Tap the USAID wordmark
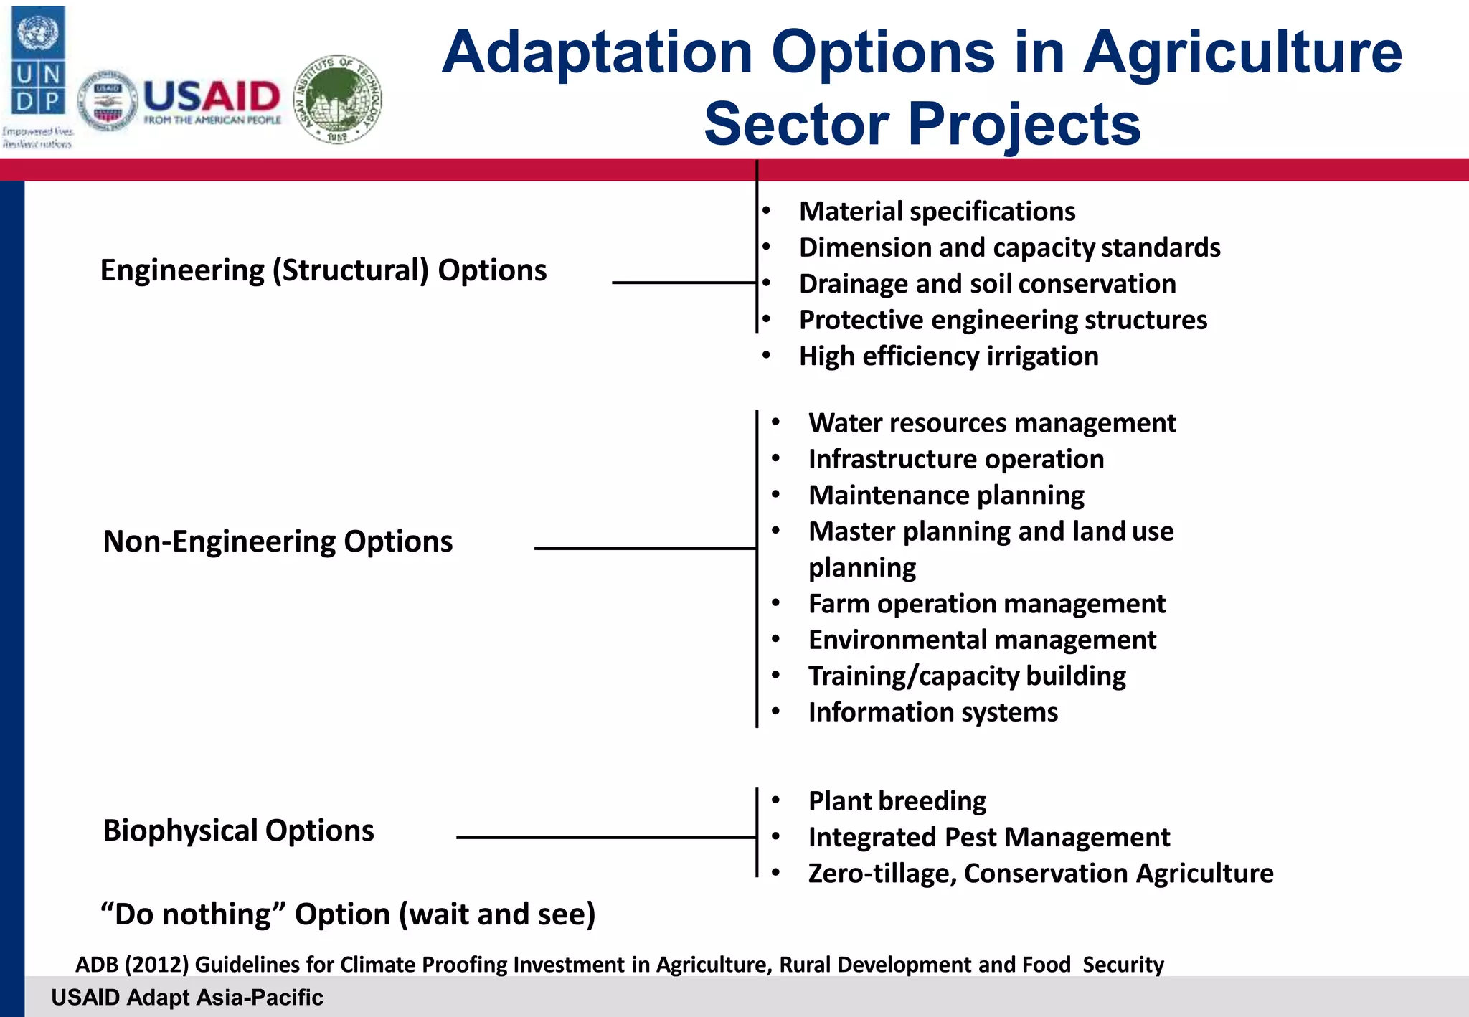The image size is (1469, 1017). pyautogui.click(x=212, y=96)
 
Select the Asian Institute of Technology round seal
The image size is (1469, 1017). pyautogui.click(x=339, y=99)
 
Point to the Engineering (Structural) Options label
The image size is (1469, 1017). pyautogui.click(x=323, y=270)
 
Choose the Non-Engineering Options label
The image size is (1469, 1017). pyautogui.click(x=278, y=541)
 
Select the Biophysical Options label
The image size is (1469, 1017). pyautogui.click(x=238, y=831)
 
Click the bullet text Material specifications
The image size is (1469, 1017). pyautogui.click(x=937, y=212)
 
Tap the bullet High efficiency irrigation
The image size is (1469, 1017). pyautogui.click(x=948, y=356)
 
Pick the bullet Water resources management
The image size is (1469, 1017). pyautogui.click(x=991, y=423)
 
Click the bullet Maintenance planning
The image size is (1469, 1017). pyautogui.click(x=945, y=496)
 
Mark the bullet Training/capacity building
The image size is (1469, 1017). pyautogui.click(x=966, y=676)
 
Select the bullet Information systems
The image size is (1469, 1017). pyautogui.click(x=932, y=712)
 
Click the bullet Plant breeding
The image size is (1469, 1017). pyautogui.click(x=897, y=801)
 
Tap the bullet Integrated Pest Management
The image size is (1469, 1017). pyautogui.click(x=988, y=837)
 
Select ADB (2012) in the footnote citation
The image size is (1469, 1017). pyautogui.click(x=131, y=965)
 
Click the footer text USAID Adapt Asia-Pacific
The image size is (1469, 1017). pyautogui.click(x=187, y=998)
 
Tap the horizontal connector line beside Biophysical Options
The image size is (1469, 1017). pyautogui.click(x=606, y=837)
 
